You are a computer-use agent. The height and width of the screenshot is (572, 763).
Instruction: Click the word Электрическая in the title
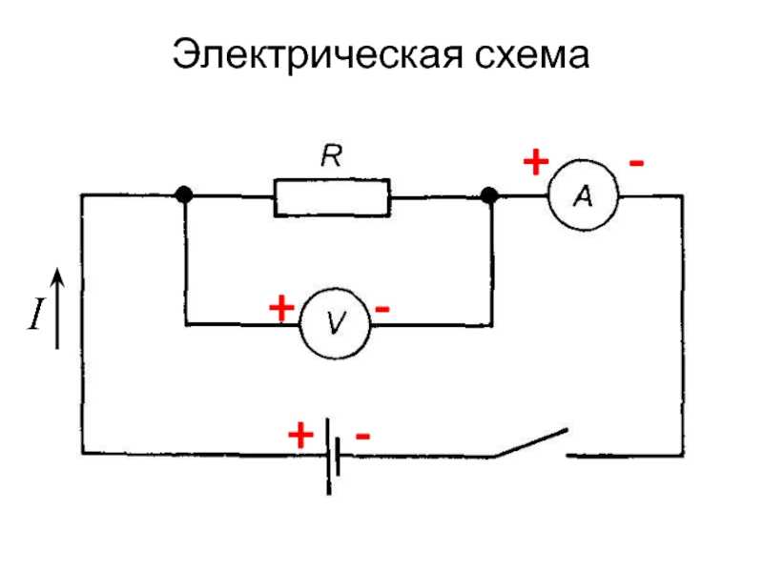(x=318, y=54)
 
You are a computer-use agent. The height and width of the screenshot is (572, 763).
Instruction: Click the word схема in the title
(x=532, y=54)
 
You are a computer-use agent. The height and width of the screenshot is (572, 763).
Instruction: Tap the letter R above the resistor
(x=331, y=155)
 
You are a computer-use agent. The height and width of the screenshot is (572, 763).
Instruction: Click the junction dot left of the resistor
(x=184, y=194)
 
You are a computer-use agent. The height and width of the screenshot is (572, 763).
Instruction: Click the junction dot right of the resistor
(x=489, y=195)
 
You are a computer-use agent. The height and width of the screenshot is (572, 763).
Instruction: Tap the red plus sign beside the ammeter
(x=536, y=162)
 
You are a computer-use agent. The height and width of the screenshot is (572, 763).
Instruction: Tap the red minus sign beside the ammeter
(x=636, y=163)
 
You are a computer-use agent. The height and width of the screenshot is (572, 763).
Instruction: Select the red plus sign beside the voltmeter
(x=281, y=308)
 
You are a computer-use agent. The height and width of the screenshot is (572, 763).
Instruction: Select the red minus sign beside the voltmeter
(x=382, y=308)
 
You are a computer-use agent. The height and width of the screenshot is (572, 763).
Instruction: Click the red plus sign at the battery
(x=300, y=435)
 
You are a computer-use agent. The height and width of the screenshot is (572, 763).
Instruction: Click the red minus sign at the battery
(x=363, y=436)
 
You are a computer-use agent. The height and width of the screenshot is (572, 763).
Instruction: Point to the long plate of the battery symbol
(x=329, y=457)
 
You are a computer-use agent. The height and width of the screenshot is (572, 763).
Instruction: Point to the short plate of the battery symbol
(x=338, y=457)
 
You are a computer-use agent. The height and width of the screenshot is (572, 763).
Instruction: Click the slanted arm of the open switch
(x=531, y=442)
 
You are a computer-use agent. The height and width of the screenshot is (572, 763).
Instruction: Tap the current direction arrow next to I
(x=57, y=308)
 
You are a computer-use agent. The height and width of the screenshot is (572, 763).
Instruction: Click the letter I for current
(x=36, y=315)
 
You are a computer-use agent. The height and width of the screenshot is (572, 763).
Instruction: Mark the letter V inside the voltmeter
(x=336, y=322)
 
